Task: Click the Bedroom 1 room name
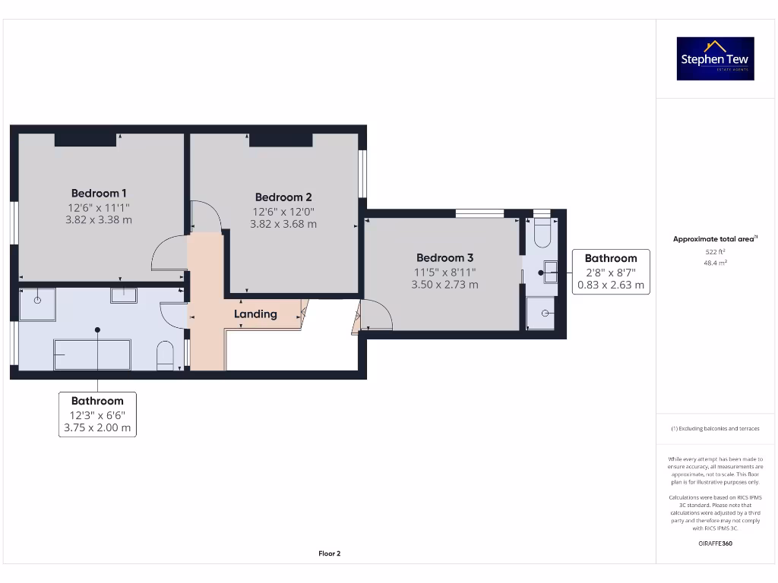point(99,193)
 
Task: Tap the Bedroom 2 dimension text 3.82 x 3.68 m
point(283,224)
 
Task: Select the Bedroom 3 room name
point(444,257)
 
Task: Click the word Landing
point(255,314)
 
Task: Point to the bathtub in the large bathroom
point(92,354)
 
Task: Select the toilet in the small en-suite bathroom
point(542,233)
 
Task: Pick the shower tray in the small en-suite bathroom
point(541,313)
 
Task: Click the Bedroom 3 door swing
point(375,315)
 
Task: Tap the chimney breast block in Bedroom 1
point(84,140)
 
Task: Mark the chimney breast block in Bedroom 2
point(280,140)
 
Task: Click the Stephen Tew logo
point(716,58)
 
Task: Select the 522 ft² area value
point(715,251)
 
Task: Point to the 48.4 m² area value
point(715,263)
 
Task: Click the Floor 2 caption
point(329,553)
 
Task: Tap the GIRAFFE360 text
point(715,544)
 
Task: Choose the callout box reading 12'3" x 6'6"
point(97,414)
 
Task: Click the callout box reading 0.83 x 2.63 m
point(611,285)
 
